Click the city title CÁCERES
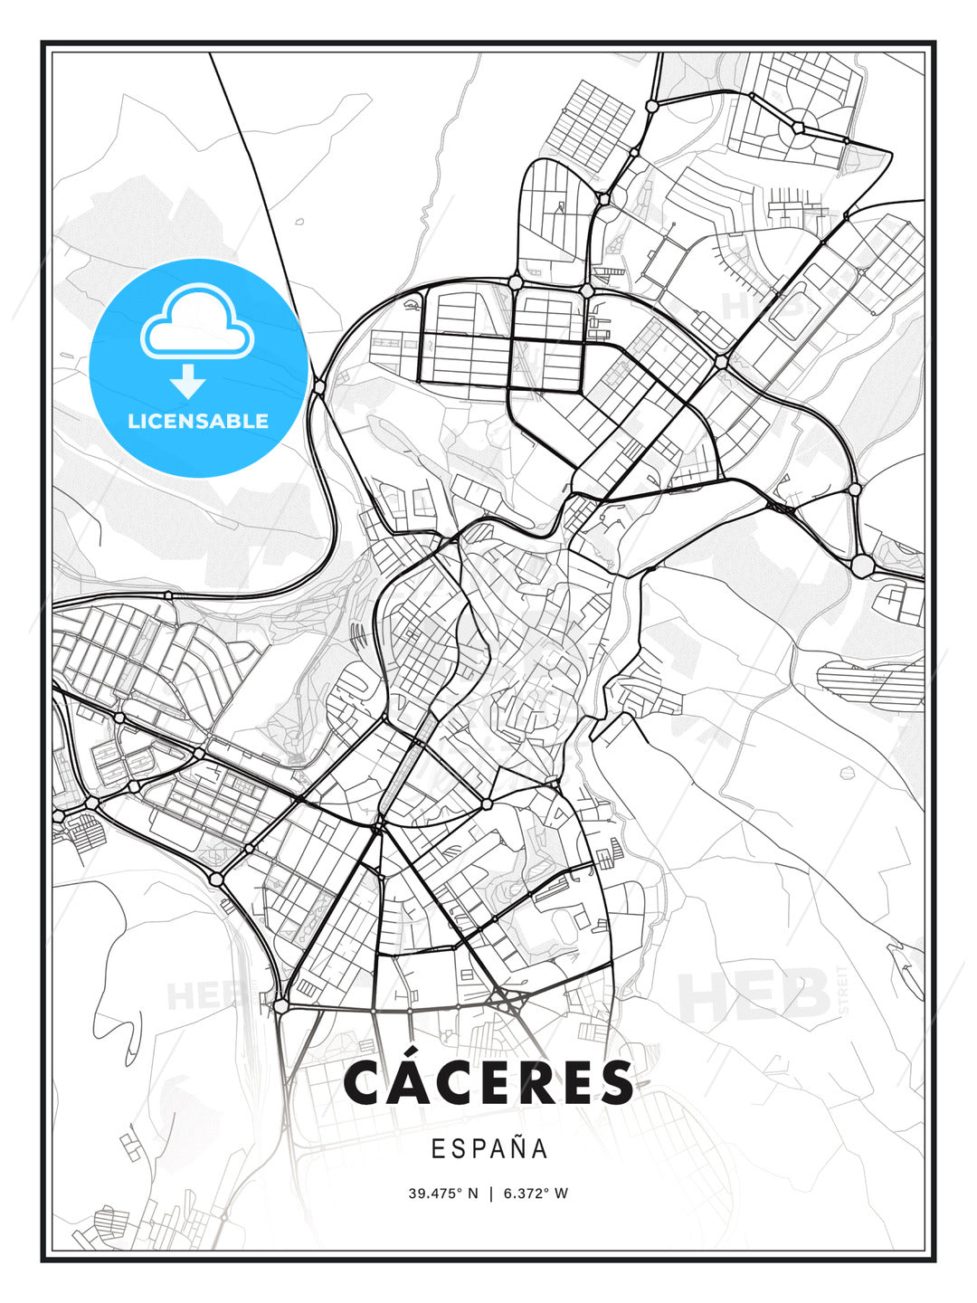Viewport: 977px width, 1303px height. click(x=488, y=1082)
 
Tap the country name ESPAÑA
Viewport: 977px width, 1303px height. click(x=488, y=1149)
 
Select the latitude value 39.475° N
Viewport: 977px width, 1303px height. click(x=442, y=1193)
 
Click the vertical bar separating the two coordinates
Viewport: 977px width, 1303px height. click(x=490, y=1193)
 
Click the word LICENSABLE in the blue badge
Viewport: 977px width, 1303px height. click(x=198, y=421)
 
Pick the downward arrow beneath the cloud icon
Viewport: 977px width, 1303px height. click(x=187, y=382)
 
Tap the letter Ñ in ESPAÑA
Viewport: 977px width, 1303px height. click(x=517, y=1147)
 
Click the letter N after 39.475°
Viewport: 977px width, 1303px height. click(x=471, y=1193)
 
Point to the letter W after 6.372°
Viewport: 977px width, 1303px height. click(x=562, y=1193)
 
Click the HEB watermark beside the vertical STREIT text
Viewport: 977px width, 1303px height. click(x=755, y=994)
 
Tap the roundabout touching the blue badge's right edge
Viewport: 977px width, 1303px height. click(x=319, y=387)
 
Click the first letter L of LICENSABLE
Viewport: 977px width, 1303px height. click(x=133, y=421)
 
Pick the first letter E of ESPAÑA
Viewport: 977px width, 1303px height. click(x=437, y=1149)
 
